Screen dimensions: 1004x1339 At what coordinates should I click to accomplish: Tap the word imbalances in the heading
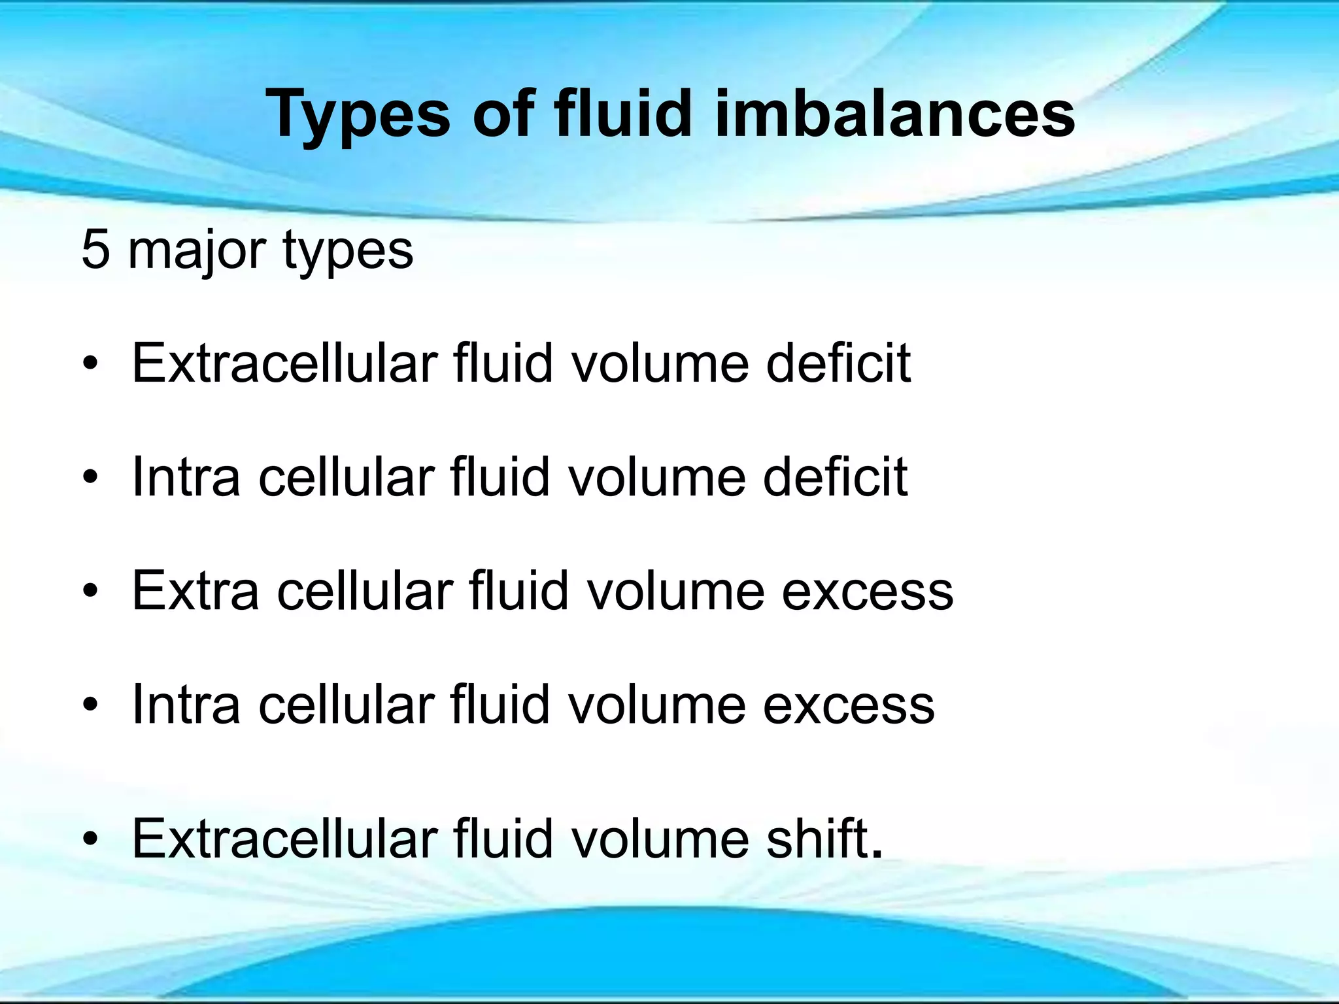(895, 114)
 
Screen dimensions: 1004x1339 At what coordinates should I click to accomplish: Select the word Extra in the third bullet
(195, 591)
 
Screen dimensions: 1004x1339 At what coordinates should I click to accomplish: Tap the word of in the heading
(501, 114)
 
